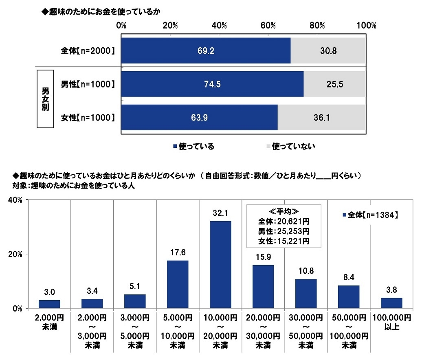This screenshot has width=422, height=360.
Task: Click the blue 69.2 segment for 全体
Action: (206, 51)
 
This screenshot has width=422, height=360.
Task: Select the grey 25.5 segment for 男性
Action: (334, 84)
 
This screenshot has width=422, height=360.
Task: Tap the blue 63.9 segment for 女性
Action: (199, 118)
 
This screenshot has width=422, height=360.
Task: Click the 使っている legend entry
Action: (193, 146)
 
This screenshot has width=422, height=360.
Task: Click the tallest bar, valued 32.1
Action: (220, 264)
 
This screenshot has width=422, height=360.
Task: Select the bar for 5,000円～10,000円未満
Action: (178, 284)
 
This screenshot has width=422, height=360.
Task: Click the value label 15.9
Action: (263, 258)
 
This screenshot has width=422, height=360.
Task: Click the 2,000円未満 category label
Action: (49, 321)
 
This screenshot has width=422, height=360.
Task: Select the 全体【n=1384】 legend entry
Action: (369, 215)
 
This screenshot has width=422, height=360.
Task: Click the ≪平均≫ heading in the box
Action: (284, 212)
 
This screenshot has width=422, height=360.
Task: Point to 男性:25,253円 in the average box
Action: (284, 232)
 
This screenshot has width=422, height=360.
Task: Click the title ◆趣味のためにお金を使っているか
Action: (100, 12)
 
